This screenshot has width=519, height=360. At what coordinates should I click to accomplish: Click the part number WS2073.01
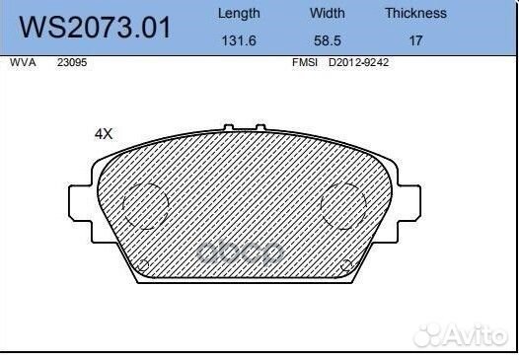pyautogui.click(x=97, y=27)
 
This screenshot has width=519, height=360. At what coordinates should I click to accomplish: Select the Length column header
pyautogui.click(x=239, y=13)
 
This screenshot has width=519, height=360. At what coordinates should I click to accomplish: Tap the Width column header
pyautogui.click(x=328, y=13)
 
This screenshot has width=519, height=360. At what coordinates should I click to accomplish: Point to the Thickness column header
pyautogui.click(x=415, y=13)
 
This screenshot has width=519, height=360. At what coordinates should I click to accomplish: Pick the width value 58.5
pyautogui.click(x=327, y=41)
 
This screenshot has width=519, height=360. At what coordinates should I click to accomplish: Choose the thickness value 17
pyautogui.click(x=415, y=41)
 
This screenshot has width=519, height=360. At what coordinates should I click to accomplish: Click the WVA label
pyautogui.click(x=22, y=61)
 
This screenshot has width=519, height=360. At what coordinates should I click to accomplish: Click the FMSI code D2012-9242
pyautogui.click(x=359, y=61)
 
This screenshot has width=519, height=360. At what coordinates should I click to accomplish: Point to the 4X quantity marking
pyautogui.click(x=104, y=133)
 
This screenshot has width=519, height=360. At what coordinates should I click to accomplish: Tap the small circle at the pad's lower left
pyautogui.click(x=141, y=263)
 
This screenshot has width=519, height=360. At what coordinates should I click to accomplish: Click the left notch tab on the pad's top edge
pyautogui.click(x=229, y=128)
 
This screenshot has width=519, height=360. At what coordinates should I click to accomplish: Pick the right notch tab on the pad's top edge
pyautogui.click(x=260, y=128)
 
